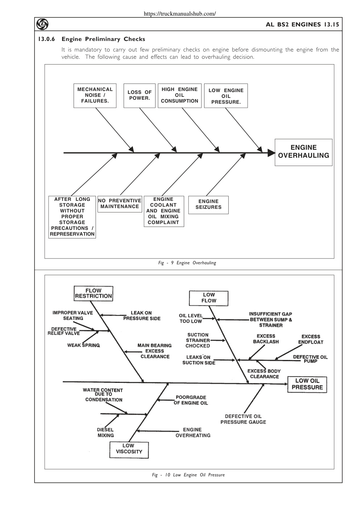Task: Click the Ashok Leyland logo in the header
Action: pos(42,24)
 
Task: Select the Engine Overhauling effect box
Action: pos(303,152)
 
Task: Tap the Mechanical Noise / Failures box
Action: pos(95,95)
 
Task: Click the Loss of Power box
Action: pos(139,95)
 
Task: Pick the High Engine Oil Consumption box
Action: pos(179,95)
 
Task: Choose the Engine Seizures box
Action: pos(208,205)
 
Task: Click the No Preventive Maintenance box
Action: pos(120,204)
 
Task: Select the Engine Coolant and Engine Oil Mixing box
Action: pos(164,211)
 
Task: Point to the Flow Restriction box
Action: pos(94,293)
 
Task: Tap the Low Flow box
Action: pos(208,298)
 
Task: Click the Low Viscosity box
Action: pos(129,450)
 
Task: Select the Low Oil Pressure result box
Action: pos(307,384)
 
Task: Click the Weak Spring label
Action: pos(83,345)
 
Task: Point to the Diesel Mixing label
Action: pos(105,433)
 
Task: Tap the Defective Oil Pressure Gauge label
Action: pos(243,419)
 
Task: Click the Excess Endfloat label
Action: pos(311,339)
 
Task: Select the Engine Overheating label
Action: pos(193,433)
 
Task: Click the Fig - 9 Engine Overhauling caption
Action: pos(187,263)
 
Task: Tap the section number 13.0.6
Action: pos(47,39)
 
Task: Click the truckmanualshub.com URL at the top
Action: pos(180,14)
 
